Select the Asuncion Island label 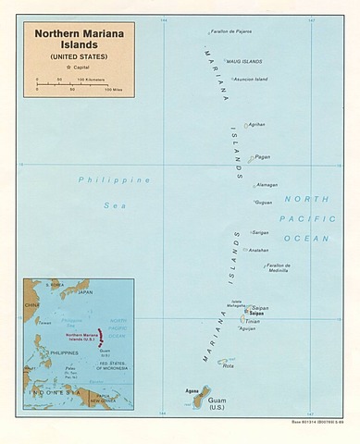(240, 79)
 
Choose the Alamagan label (266, 184)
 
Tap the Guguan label (264, 202)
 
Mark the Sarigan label (260, 232)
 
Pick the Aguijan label (247, 329)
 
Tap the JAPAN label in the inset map (85, 292)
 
